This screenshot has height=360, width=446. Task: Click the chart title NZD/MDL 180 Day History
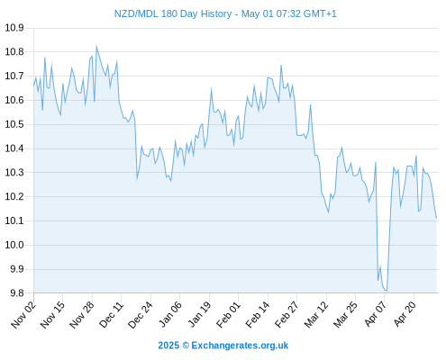point(173,14)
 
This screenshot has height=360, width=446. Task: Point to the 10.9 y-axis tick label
point(14,28)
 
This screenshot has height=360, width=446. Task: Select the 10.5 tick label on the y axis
point(14,124)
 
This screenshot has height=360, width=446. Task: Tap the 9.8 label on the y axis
point(17,293)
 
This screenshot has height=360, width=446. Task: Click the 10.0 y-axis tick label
point(14,245)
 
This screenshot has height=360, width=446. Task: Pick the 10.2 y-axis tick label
point(14,197)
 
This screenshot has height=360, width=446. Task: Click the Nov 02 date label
point(23,314)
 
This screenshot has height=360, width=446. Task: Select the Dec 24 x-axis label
point(141,315)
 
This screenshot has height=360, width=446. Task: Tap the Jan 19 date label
point(199,314)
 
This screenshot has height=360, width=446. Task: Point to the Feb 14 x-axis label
point(258,315)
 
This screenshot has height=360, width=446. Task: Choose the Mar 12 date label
point(316,315)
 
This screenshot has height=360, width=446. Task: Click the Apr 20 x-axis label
point(405,314)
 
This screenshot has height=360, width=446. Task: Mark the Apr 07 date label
point(376,314)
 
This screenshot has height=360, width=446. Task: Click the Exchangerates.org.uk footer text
point(240,346)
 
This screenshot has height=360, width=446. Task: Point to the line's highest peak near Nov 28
point(96,46)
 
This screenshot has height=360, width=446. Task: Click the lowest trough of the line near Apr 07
point(387,291)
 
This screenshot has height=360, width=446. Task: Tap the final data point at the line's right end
point(436,219)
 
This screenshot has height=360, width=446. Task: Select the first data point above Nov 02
point(33,85)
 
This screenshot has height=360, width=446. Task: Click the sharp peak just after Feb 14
point(281,65)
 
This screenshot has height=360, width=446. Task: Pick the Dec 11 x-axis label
point(112,315)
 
